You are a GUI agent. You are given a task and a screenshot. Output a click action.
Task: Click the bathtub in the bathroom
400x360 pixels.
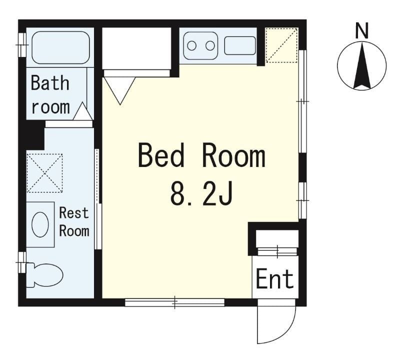(60, 47)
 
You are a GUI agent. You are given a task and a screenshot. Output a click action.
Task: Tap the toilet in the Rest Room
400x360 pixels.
(45, 275)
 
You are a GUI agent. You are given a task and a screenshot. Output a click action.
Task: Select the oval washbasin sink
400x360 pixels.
(40, 224)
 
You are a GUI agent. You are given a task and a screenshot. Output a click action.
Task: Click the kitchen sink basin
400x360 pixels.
(240, 45)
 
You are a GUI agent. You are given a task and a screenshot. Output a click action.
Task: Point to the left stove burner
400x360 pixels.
(191, 46)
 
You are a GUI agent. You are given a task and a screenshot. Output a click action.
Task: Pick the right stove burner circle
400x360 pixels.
(210, 46)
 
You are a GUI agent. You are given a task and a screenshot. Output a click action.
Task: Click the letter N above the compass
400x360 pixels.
(362, 30)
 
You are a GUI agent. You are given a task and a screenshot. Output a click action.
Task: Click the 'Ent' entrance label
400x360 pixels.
(274, 279)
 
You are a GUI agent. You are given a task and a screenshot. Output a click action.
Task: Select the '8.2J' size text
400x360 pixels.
(201, 193)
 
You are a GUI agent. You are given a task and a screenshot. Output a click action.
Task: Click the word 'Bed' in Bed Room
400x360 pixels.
(161, 155)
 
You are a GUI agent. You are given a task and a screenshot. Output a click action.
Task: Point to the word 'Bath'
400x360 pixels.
(50, 82)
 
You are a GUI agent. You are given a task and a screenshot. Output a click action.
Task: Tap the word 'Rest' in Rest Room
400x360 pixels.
(73, 213)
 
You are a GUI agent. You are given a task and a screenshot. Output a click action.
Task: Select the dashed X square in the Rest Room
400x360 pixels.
(44, 173)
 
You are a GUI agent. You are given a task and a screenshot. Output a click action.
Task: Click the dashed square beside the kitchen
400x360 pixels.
(281, 45)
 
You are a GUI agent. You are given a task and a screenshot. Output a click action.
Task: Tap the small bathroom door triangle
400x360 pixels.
(82, 111)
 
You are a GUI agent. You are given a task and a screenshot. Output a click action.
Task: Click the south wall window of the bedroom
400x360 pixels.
(174, 302)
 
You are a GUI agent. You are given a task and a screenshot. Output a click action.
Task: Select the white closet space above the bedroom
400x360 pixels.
(136, 48)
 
